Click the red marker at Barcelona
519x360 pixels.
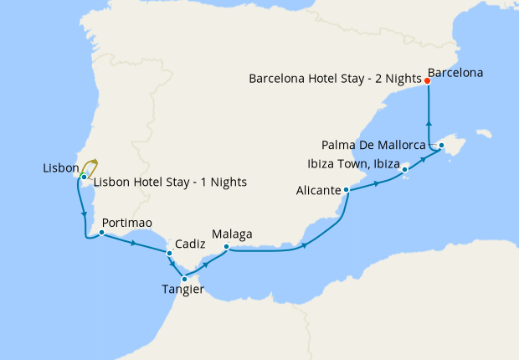[428, 81]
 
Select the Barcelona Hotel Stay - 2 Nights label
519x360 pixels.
[335, 79]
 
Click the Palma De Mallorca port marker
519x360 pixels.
[442, 146]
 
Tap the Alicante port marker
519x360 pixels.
[346, 190]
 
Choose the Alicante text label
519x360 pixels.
[318, 191]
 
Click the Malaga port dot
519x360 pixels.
[227, 246]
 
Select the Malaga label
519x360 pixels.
[231, 234]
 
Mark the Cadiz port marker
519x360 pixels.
[169, 253]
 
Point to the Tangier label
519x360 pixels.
[183, 291]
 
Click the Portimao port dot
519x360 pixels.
[100, 234]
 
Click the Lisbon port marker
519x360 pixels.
[85, 177]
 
